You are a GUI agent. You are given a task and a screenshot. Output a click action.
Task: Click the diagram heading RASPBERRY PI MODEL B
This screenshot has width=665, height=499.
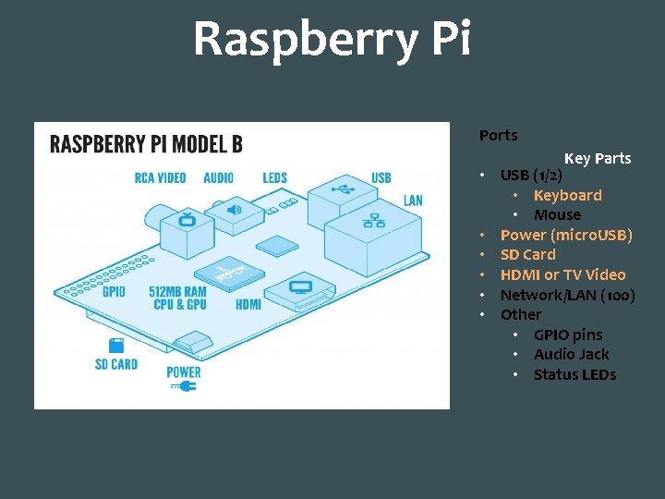tap(146, 144)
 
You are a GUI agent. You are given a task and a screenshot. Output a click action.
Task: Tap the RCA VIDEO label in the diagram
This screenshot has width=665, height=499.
tap(160, 177)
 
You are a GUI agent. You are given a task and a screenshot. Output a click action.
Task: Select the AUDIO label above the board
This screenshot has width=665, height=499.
tap(219, 177)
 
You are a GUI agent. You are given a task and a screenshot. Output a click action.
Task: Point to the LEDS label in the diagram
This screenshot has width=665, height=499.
tap(274, 177)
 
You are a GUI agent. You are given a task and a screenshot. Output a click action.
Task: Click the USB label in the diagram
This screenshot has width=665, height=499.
tap(381, 177)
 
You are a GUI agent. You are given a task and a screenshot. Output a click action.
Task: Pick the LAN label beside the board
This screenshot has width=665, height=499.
tap(413, 201)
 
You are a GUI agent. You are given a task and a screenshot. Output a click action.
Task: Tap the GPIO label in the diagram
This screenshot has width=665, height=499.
tap(114, 292)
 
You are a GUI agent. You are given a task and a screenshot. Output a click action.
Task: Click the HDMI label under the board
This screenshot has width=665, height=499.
tap(248, 304)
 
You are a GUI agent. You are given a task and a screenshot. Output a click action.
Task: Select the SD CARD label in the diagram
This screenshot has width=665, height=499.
tap(116, 364)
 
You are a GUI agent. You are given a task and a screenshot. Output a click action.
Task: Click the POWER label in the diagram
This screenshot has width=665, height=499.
tap(184, 372)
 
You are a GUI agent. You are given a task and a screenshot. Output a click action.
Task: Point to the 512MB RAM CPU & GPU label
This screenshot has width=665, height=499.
tap(177, 298)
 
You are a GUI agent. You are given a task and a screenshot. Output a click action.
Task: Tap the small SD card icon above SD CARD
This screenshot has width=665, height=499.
tap(116, 346)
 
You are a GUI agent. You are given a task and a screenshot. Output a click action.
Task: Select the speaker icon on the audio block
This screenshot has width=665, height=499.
tap(234, 209)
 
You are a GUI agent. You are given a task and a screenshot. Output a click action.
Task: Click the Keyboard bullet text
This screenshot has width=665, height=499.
tap(567, 195)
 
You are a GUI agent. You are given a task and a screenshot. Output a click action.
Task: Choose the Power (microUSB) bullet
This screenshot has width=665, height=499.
tap(566, 235)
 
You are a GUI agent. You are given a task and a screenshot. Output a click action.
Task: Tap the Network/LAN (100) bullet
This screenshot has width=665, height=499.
tap(567, 295)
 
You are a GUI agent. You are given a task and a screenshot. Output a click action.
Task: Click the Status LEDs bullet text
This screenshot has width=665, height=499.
tap(574, 374)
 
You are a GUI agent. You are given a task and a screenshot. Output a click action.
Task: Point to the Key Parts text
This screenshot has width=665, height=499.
tap(598, 158)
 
